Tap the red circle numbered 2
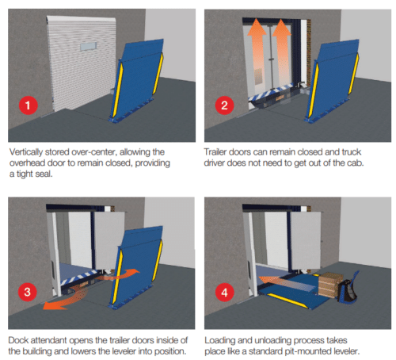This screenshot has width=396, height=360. pyautogui.click(x=226, y=104)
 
